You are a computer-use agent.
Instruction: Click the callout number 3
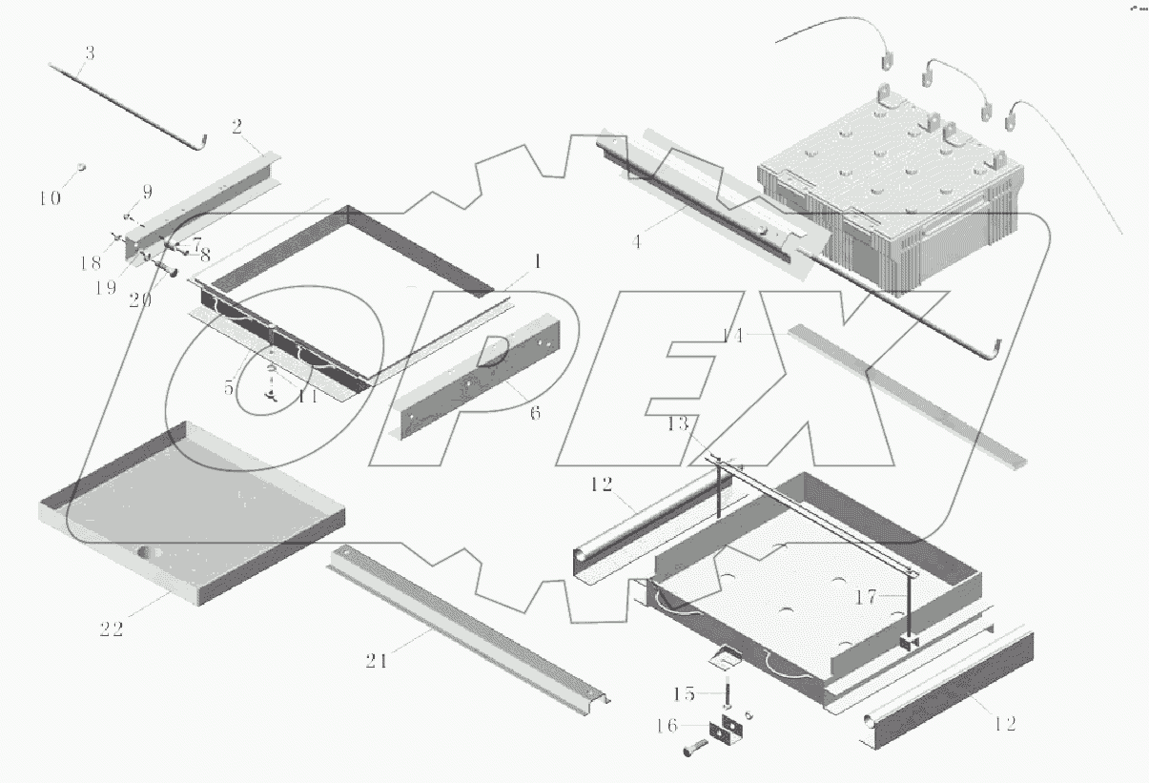coord(90,52)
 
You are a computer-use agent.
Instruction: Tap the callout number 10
coord(51,198)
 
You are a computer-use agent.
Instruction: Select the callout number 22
coord(112,629)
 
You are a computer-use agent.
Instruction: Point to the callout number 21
coord(377,661)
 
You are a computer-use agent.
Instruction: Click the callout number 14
coord(732,336)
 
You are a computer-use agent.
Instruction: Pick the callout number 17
coord(866,597)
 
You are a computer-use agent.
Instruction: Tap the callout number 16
coord(667,726)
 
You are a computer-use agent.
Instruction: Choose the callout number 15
coord(684,693)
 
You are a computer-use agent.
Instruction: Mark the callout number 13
coord(678,423)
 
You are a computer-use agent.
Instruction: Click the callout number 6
coord(535,413)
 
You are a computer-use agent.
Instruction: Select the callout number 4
coord(637,241)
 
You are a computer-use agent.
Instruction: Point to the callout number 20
coord(140,300)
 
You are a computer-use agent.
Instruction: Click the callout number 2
coord(236,127)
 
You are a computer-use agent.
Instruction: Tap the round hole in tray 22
coord(144,552)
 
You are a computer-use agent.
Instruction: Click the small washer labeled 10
coord(81,167)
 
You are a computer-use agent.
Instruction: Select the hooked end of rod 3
coord(201,143)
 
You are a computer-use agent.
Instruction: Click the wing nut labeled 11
coord(272,394)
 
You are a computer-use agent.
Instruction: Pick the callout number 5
coord(229,388)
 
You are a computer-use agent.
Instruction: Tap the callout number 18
coord(91,263)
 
